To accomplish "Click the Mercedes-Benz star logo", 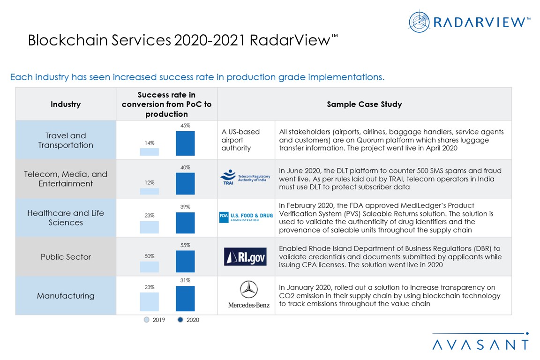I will tap(248, 289).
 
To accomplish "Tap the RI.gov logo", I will tap(245, 256).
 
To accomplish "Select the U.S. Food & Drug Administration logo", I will tap(246, 217).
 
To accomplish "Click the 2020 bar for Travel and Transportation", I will tap(185, 143).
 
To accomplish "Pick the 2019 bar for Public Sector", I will tap(150, 266).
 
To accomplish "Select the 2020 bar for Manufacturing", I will tap(185, 299).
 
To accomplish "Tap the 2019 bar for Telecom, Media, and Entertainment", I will tap(150, 191).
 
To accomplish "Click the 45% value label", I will tap(185, 126).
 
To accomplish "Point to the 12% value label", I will tap(150, 182).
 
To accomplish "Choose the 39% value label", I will tap(185, 206).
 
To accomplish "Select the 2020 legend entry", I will tap(189, 320).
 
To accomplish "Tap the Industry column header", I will tap(66, 105).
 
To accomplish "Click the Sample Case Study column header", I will tap(364, 105).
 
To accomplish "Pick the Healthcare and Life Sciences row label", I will tap(66, 217).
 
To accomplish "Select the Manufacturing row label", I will tap(66, 296).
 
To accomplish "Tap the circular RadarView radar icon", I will tap(419, 22).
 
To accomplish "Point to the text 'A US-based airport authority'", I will tap(240, 140).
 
